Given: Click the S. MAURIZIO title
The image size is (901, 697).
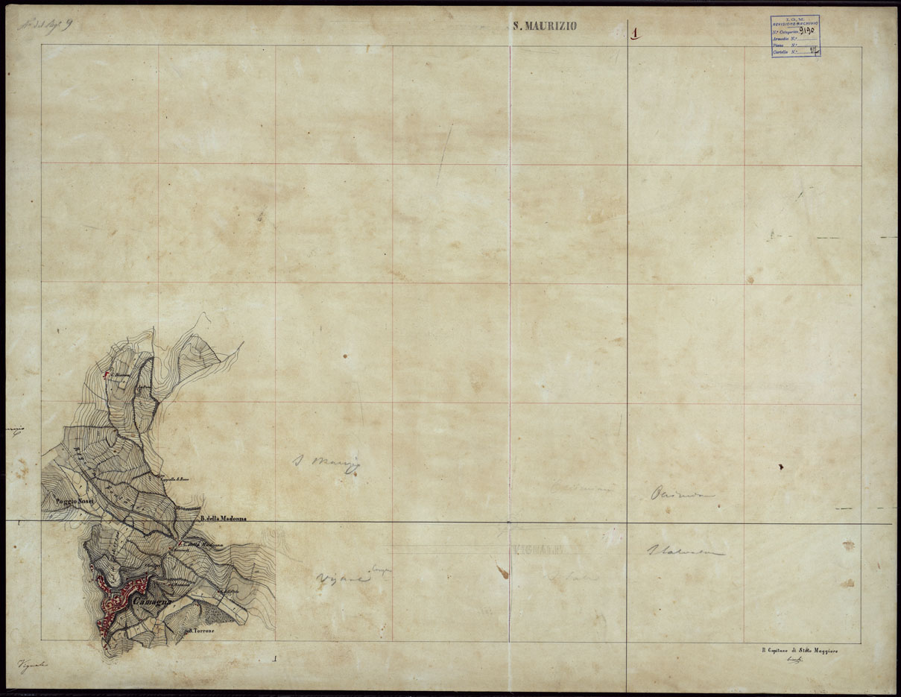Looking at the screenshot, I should (x=546, y=27).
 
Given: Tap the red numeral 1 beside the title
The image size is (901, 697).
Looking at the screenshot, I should (x=635, y=33).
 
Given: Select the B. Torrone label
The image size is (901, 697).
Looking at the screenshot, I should (x=200, y=631).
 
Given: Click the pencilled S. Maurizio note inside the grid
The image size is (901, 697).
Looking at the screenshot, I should (x=326, y=462).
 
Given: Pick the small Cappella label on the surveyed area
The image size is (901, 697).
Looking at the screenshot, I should (x=177, y=478).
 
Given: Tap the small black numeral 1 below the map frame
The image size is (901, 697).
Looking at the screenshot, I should (x=276, y=658).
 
